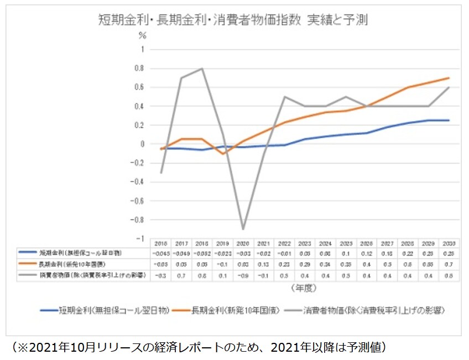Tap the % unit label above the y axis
pyautogui.click(x=142, y=36)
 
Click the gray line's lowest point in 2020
pyautogui.click(x=242, y=229)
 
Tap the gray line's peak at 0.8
pyautogui.click(x=202, y=69)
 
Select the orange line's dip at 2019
pyautogui.click(x=222, y=154)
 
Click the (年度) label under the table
pyautogui.click(x=304, y=288)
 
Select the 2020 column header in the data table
pyautogui.click(x=242, y=243)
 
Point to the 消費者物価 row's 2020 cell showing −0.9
pyautogui.click(x=242, y=275)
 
